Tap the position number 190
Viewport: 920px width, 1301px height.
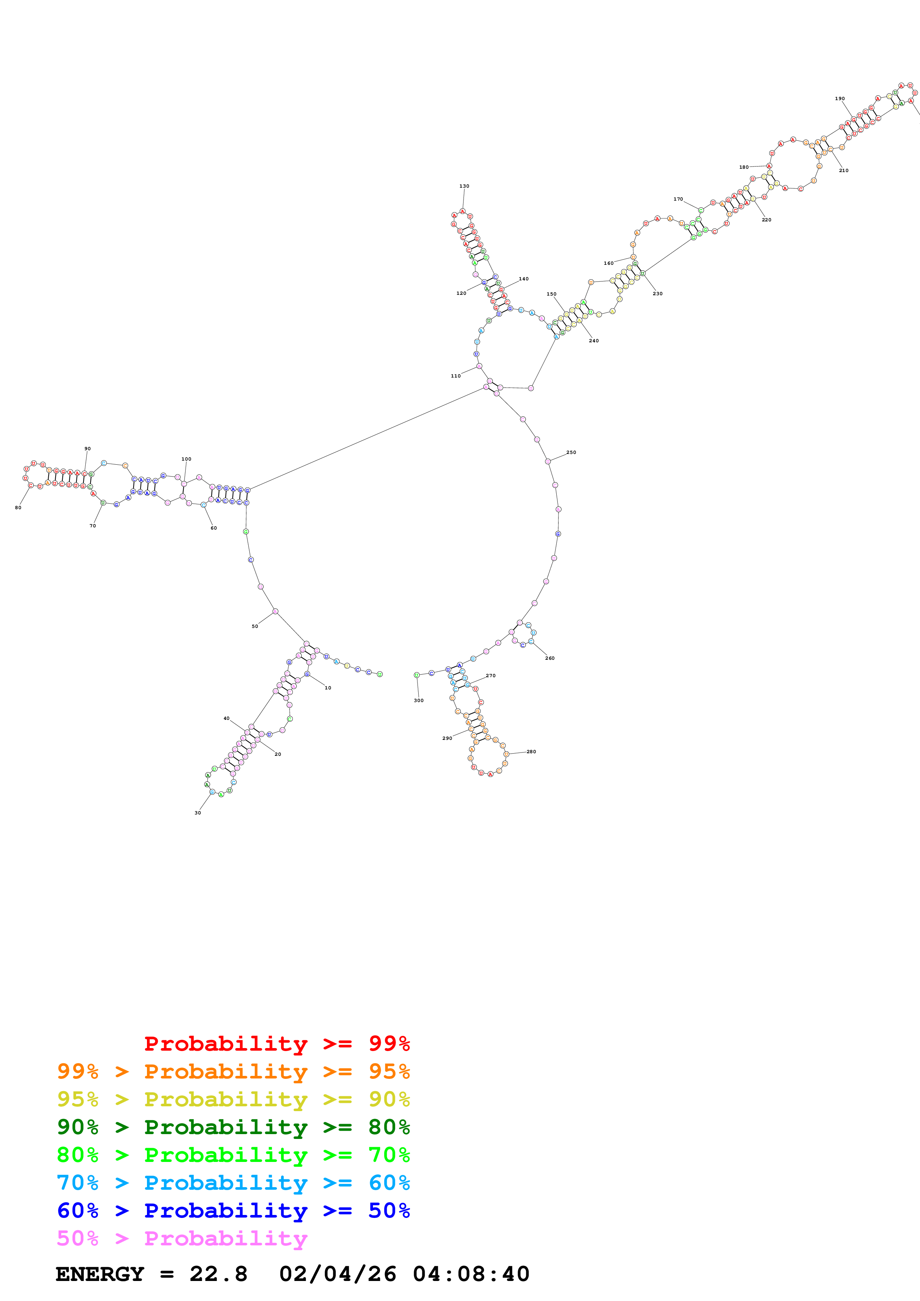pyautogui.click(x=839, y=99)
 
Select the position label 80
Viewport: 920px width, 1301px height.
pyautogui.click(x=18, y=508)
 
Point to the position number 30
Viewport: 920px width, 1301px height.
pyautogui.click(x=198, y=813)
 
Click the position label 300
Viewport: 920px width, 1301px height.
pyautogui.click(x=418, y=700)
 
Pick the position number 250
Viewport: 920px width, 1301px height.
pyautogui.click(x=571, y=452)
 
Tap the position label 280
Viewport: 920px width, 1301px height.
pyautogui.click(x=531, y=751)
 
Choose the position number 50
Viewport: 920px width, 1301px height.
pyautogui.click(x=255, y=626)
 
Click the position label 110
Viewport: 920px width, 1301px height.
pyautogui.click(x=456, y=376)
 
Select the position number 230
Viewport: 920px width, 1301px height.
pyautogui.click(x=658, y=293)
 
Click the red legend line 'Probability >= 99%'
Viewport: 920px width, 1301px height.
pyautogui.click(x=276, y=1043)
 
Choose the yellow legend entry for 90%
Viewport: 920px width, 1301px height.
pyautogui.click(x=233, y=1099)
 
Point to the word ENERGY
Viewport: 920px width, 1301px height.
pyautogui.click(x=100, y=1274)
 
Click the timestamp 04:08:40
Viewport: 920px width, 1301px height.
pyautogui.click(x=471, y=1274)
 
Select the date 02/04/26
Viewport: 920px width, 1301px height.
pyautogui.click(x=337, y=1274)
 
